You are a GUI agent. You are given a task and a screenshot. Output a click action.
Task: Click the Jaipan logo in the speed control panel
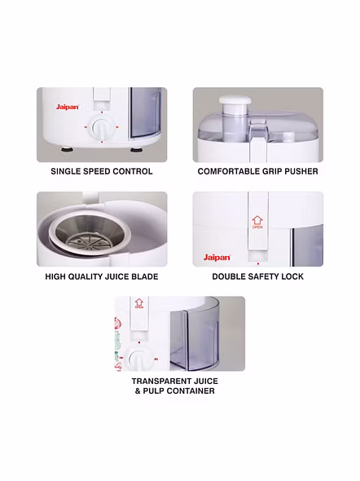tap(68, 107)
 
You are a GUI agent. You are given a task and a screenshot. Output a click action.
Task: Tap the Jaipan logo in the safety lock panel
tap(217, 258)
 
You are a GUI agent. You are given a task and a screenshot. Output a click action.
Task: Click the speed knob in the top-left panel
tap(102, 127)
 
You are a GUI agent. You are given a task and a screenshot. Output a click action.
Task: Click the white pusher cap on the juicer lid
tap(235, 99)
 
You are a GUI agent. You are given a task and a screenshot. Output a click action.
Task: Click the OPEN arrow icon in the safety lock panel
tap(257, 222)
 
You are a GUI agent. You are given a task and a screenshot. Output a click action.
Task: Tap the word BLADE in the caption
tap(145, 276)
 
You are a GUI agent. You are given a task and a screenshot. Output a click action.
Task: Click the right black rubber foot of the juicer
tap(134, 150)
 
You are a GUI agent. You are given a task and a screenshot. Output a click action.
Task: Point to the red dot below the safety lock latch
tap(258, 263)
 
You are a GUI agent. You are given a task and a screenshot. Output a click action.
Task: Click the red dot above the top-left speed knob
tap(102, 113)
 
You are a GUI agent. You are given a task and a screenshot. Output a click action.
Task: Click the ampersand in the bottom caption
tap(138, 391)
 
